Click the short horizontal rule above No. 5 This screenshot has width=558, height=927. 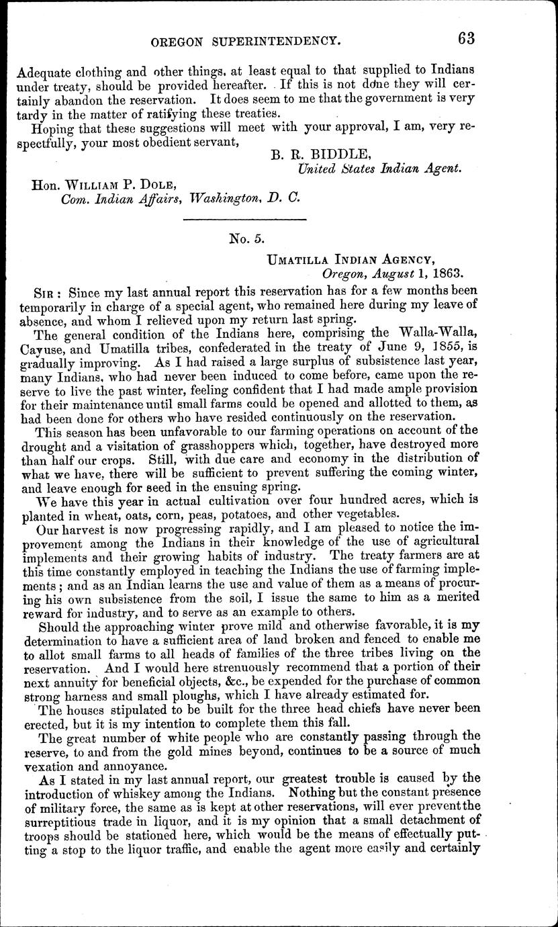click(244, 219)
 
